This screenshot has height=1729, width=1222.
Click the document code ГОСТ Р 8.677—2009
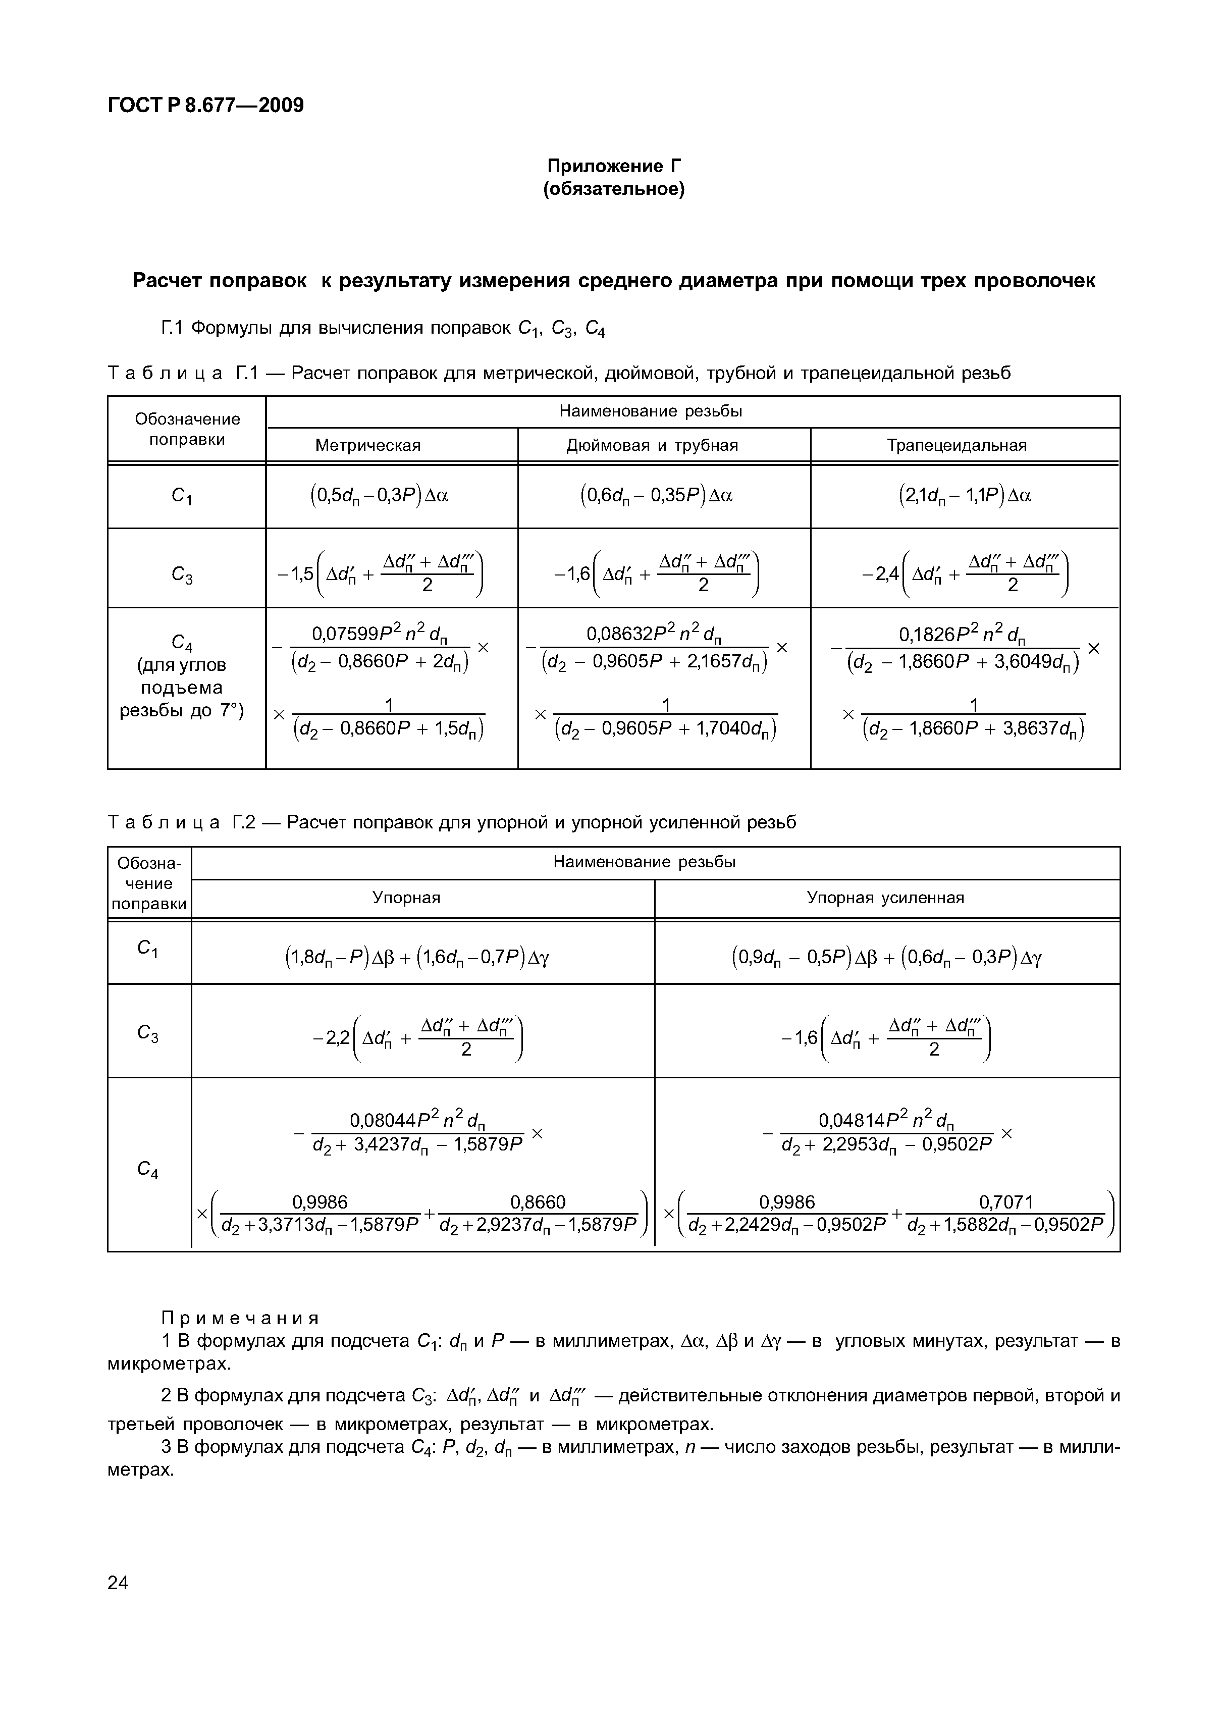pos(205,106)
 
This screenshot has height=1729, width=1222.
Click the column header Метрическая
pos(367,445)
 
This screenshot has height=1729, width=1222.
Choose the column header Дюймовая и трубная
pos(652,445)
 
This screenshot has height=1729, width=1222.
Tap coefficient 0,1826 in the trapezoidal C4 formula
pos(925,636)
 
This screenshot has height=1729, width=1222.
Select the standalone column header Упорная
pos(407,898)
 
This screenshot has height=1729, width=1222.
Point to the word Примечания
pos(240,1318)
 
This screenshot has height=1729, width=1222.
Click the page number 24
pos(118,1583)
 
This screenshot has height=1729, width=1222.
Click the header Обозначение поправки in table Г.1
pos(187,429)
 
